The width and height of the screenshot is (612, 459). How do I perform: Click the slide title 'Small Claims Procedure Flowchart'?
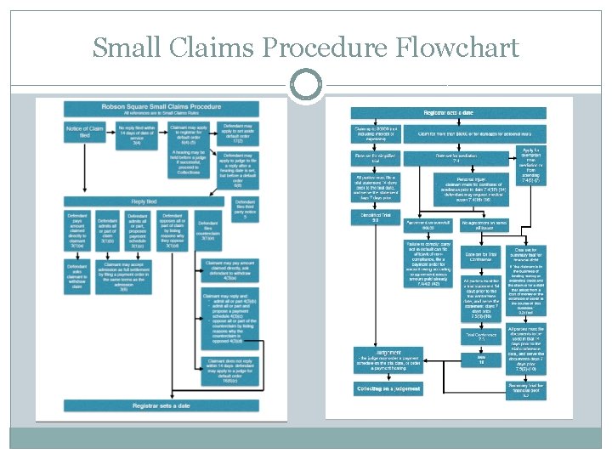coord(305,48)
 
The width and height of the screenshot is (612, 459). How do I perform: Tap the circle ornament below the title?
coord(305,85)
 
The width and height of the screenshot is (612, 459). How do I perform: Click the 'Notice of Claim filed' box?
coord(84,133)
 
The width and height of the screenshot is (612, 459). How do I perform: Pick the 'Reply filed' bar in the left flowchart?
coord(143,202)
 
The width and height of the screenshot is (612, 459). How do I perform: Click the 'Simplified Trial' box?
coord(375,218)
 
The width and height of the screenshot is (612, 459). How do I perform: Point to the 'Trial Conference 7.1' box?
coord(480,337)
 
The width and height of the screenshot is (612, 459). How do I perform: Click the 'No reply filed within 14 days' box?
coord(136,133)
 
